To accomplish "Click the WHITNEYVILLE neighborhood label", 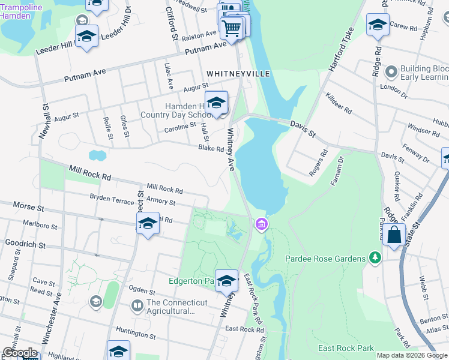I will [x=238, y=73].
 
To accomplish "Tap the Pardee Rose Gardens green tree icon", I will [x=375, y=258].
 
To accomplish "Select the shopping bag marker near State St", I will [x=394, y=235].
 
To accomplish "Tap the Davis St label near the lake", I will [x=303, y=125].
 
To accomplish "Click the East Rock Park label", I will [x=346, y=349].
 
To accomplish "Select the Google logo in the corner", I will [x=20, y=352].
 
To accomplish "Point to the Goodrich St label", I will [x=25, y=245].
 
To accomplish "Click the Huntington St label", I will [x=136, y=331].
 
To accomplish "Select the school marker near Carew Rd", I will [x=377, y=25].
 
